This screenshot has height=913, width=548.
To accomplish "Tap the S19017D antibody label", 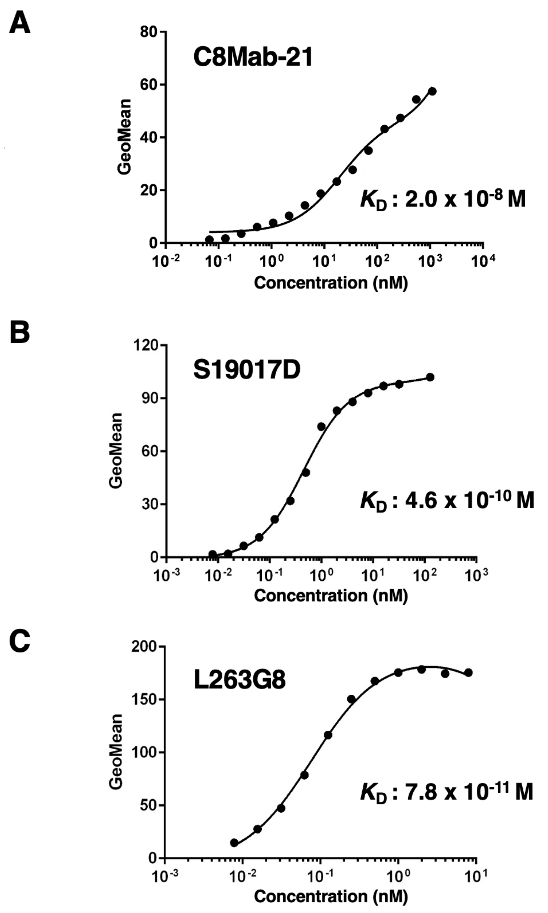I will tap(247, 370).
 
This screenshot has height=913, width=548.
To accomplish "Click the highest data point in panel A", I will tap(432, 91).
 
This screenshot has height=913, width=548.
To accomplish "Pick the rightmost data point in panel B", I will tap(430, 377).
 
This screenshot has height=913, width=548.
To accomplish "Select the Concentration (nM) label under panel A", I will tap(331, 283).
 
